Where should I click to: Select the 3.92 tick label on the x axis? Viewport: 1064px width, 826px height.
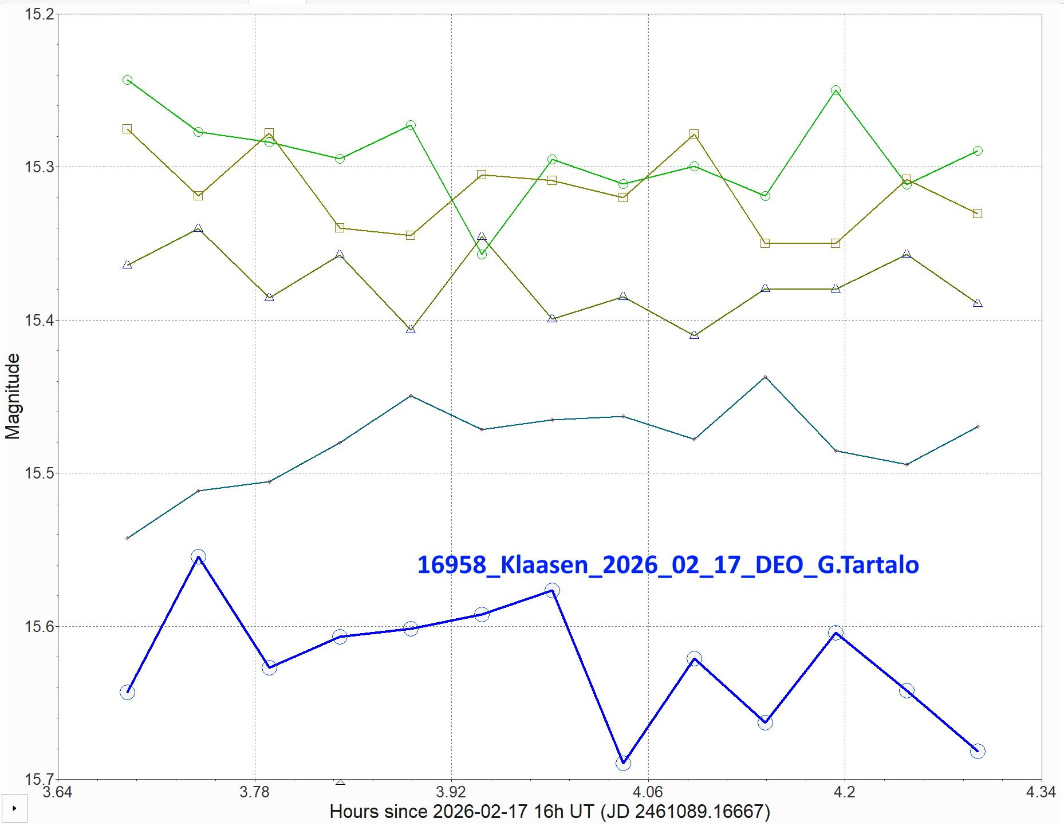coord(451,792)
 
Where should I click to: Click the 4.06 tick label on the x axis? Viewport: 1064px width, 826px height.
coord(648,792)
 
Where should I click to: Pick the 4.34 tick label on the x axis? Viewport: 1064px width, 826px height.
coord(1041,792)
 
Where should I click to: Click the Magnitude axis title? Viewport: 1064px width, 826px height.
coord(13,396)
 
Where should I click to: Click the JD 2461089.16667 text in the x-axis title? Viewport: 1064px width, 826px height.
coord(684,812)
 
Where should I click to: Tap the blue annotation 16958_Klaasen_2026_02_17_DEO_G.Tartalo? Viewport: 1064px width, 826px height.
coord(668,565)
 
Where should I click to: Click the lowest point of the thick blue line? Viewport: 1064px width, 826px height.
coord(623,762)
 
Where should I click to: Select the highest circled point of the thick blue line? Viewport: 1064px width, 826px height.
coord(198,556)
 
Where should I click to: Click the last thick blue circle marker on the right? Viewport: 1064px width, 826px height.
coord(978,751)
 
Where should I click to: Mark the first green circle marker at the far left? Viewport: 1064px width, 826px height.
coord(127,80)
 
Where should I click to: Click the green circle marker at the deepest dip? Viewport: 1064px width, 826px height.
coord(482,254)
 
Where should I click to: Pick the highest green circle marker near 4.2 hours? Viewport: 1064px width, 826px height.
coord(836,90)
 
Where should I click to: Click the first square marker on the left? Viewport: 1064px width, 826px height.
coord(127,129)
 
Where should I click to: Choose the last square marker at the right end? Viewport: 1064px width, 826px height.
coord(978,214)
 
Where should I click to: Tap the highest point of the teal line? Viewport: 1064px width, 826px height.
coord(765,377)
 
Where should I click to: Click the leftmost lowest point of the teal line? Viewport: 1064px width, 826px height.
coord(127,538)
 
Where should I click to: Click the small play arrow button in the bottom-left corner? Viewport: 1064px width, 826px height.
coord(14,808)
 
